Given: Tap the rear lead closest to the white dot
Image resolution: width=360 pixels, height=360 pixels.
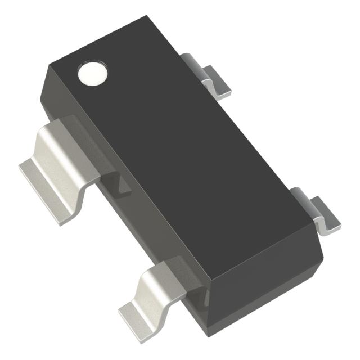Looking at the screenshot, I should click(214, 78).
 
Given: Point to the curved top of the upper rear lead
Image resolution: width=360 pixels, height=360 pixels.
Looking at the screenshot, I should click(194, 59).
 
